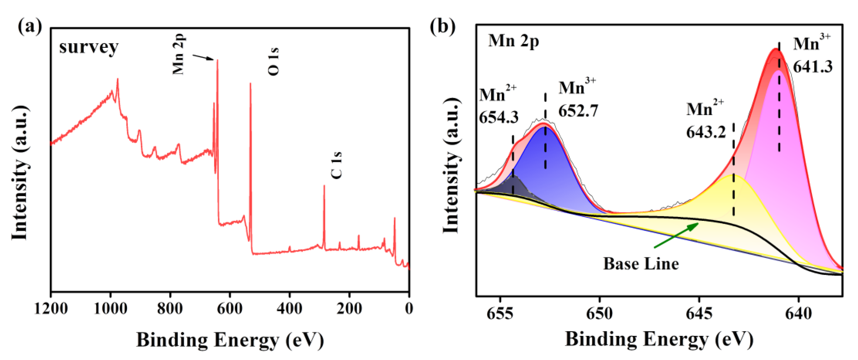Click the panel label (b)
pyautogui.click(x=442, y=26)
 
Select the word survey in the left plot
pyautogui.click(x=89, y=47)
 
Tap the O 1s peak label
pyautogui.click(x=273, y=62)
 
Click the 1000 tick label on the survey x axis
pyautogui.click(x=110, y=308)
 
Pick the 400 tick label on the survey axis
pyautogui.click(x=289, y=308)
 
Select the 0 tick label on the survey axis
pyautogui.click(x=409, y=308)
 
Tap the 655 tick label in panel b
pyautogui.click(x=500, y=313)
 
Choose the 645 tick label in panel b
pyautogui.click(x=699, y=313)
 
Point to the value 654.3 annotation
pyautogui.click(x=499, y=117)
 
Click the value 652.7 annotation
pyautogui.click(x=578, y=110)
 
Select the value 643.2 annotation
pyautogui.click(x=705, y=133)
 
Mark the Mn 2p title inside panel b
pyautogui.click(x=513, y=42)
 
